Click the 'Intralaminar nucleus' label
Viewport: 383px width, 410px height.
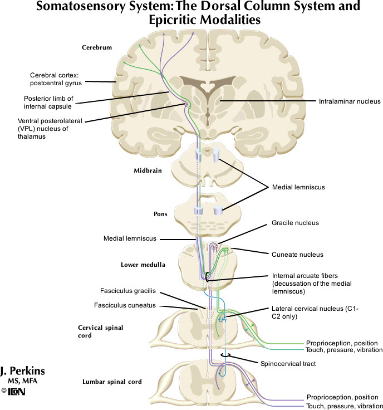point(349,101)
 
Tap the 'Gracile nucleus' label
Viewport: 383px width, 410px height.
point(295,223)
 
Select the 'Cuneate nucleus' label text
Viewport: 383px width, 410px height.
point(297,255)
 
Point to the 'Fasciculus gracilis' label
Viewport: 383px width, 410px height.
point(127,291)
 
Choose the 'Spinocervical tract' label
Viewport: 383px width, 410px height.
point(288,364)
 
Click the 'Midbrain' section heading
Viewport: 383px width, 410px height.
point(148,170)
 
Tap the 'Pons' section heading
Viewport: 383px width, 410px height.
point(160,213)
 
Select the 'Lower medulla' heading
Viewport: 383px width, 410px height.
point(143,265)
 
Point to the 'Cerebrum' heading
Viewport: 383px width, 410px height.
point(97,48)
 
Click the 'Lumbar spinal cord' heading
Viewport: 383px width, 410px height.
point(112,382)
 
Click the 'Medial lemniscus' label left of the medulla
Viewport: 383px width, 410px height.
point(130,239)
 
